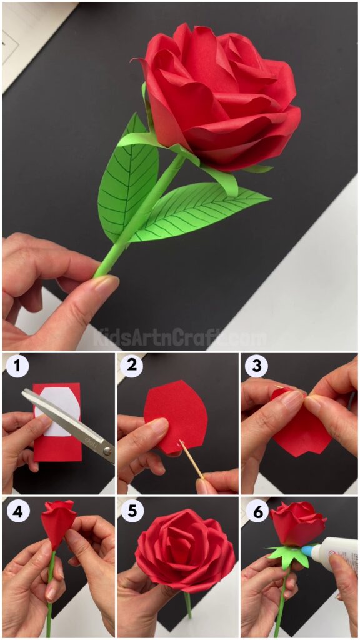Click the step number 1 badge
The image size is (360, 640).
(17, 366)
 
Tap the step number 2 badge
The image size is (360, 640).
(131, 366)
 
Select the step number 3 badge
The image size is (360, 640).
(256, 366)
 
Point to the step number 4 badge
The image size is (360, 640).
(17, 510)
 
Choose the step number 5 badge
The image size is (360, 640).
(131, 510)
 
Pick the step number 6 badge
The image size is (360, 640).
(256, 510)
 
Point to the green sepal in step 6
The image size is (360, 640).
(289, 555)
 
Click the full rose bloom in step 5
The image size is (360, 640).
(184, 550)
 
